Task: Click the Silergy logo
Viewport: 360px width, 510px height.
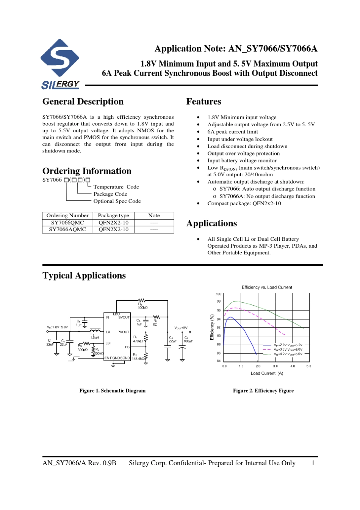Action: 60,64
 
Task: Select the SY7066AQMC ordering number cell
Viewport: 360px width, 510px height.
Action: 67,229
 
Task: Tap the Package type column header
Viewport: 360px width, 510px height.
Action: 113,215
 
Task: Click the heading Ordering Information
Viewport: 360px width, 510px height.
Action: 87,171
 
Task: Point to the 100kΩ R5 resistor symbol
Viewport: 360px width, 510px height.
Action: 142,301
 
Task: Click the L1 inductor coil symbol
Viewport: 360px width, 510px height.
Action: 95,330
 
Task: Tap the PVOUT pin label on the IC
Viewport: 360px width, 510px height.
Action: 123,332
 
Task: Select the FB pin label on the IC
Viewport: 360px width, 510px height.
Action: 127,347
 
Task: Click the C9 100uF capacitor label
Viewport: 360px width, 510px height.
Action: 188,339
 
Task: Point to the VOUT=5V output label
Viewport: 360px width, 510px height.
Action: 181,328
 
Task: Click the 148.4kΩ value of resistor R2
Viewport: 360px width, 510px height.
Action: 138,359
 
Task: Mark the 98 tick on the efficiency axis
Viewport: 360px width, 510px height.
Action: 219,301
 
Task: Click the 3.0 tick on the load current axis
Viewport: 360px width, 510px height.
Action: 275,366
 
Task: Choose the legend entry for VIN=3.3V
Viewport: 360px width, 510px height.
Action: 288,350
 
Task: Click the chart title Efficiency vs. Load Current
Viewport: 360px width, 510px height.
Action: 267,287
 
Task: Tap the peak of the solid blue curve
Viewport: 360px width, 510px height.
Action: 230,317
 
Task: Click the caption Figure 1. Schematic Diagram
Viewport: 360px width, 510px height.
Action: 112,391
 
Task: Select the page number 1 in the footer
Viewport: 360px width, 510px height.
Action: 313,463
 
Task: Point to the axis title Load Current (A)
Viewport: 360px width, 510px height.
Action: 267,373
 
